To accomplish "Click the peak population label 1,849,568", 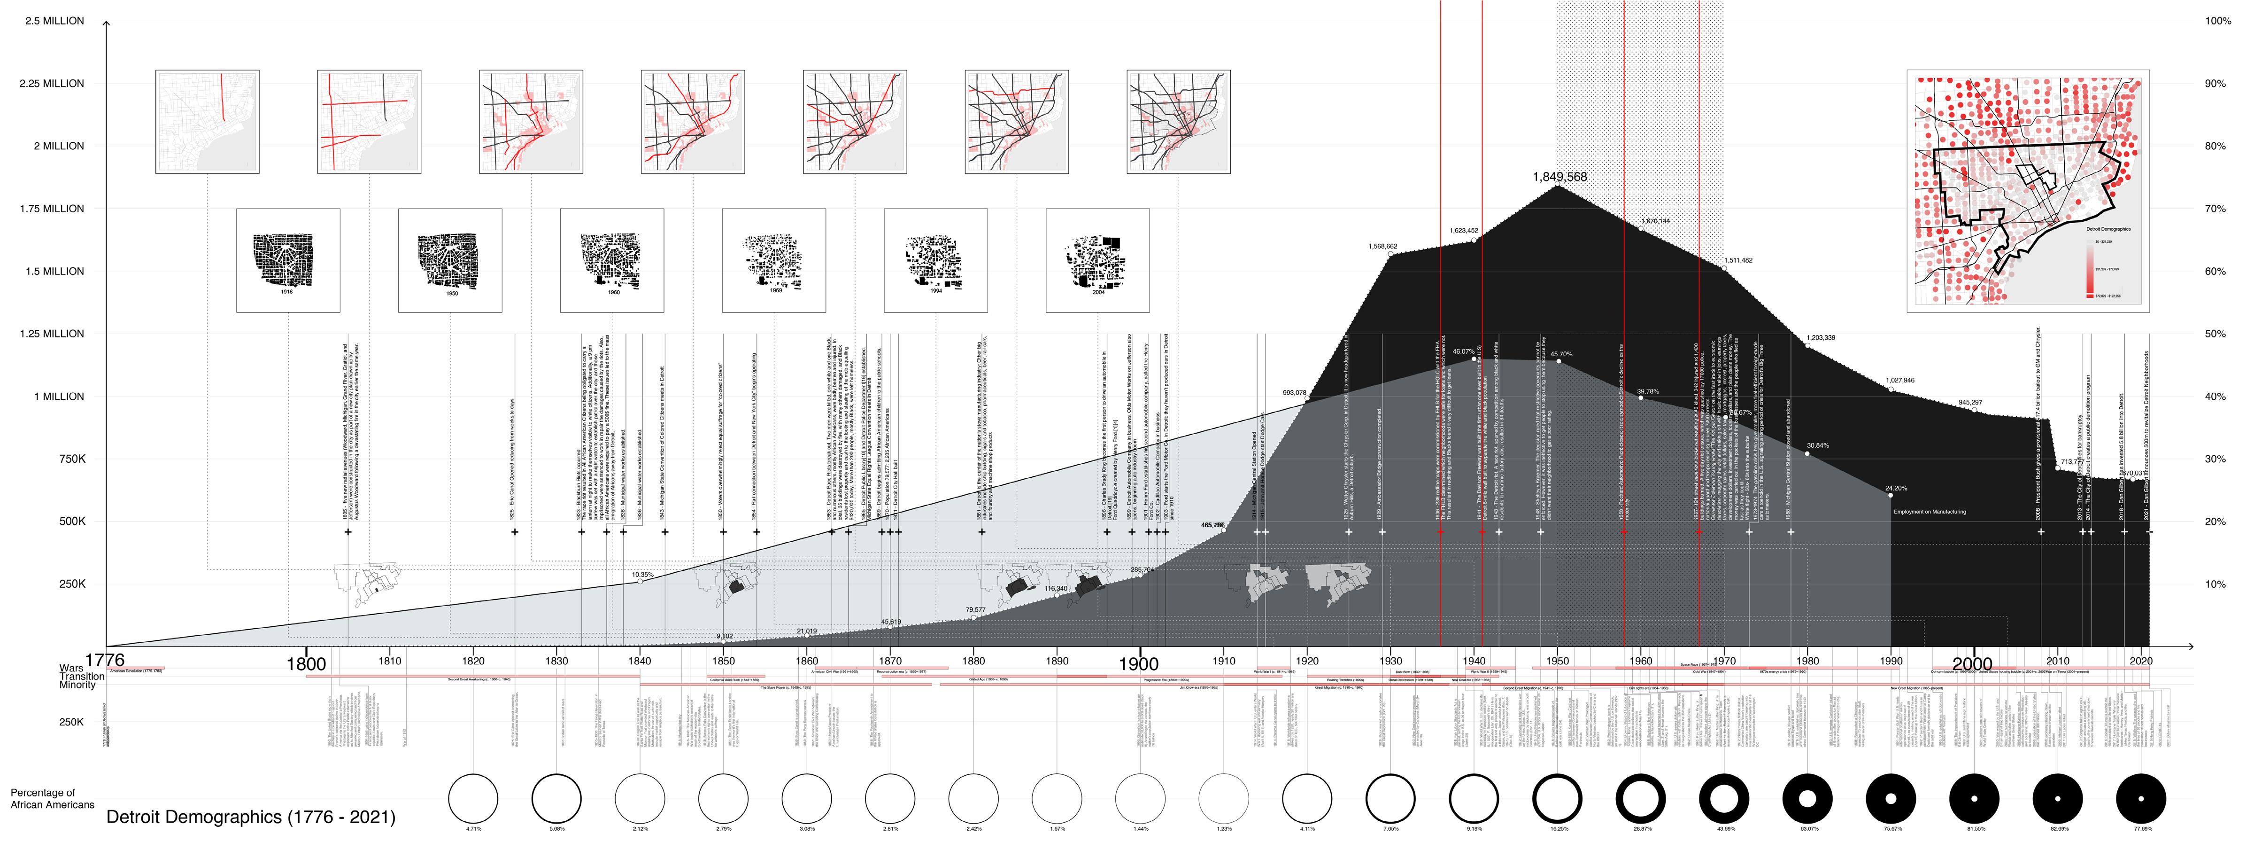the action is pos(1559,177).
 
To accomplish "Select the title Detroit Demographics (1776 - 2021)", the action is pos(250,818).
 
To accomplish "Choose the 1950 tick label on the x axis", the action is pos(1558,661).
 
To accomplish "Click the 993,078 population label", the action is pos(1294,393).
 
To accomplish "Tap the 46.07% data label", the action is pos(1463,352).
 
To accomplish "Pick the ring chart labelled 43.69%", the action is pos(1724,798).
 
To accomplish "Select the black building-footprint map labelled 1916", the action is pos(288,260).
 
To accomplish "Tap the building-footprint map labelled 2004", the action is pos(1097,260).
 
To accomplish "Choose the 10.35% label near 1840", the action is pos(642,575).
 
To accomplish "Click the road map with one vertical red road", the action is pos(208,122).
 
